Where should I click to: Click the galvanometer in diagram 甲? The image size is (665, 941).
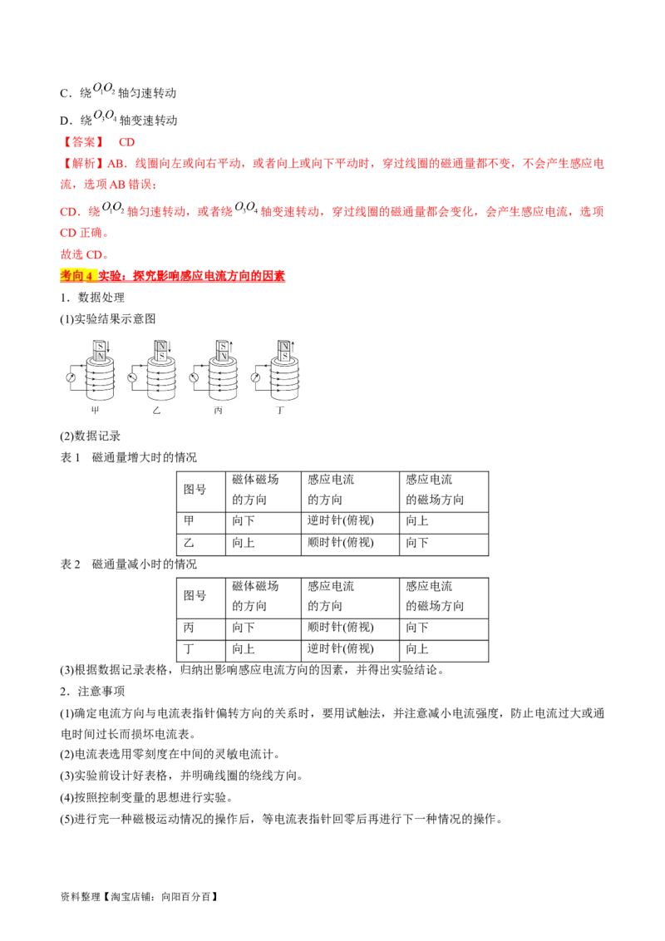tap(70, 378)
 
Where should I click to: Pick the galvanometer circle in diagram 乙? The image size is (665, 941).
tap(132, 378)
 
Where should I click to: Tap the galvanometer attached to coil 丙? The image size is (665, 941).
tap(194, 378)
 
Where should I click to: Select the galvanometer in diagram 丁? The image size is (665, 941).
tap(255, 378)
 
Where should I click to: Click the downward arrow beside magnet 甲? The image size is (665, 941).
tap(109, 347)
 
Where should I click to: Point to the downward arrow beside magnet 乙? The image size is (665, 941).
tap(170, 347)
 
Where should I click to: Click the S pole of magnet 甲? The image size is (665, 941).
tap(100, 345)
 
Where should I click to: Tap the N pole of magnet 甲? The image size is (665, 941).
tap(100, 356)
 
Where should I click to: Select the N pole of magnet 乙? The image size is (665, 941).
tap(161, 345)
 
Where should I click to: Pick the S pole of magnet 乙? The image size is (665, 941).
tap(161, 356)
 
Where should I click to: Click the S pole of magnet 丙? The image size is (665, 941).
tap(223, 345)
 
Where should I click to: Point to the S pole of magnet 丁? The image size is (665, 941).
tap(284, 356)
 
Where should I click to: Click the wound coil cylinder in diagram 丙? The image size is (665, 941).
tap(223, 382)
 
